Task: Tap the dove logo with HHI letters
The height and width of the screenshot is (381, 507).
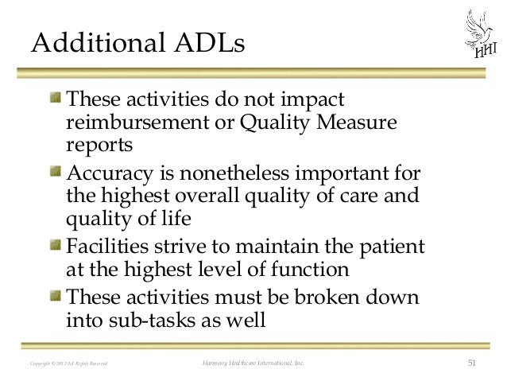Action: (478, 35)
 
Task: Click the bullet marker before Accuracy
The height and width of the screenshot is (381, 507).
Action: (55, 172)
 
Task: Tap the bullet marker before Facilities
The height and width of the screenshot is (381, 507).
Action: (55, 245)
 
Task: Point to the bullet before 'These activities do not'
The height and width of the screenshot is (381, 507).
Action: (55, 99)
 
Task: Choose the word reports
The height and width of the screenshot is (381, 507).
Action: (99, 147)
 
